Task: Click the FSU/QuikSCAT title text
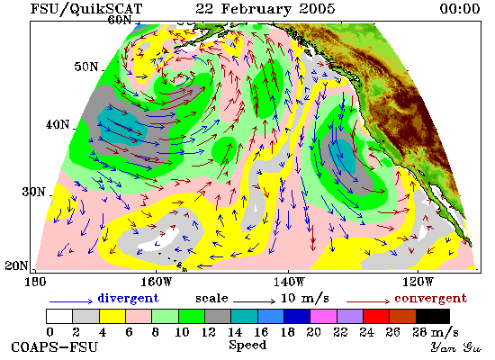click(86, 9)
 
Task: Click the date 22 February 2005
click(265, 9)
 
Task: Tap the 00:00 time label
click(459, 9)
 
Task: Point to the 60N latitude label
click(120, 20)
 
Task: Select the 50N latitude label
click(85, 67)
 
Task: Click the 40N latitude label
click(57, 124)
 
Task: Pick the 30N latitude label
click(33, 192)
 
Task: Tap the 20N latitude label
click(16, 265)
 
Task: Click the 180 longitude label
click(35, 282)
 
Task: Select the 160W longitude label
click(156, 282)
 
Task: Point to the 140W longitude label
click(289, 282)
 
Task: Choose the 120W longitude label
click(418, 282)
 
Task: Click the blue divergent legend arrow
click(71, 301)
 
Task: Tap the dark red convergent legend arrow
click(368, 301)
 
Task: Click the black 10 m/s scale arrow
click(254, 301)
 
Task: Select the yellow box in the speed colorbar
click(112, 317)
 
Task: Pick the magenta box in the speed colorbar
click(323, 317)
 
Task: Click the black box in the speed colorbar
click(433, 317)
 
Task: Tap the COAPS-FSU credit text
click(54, 346)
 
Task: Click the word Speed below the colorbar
click(247, 345)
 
